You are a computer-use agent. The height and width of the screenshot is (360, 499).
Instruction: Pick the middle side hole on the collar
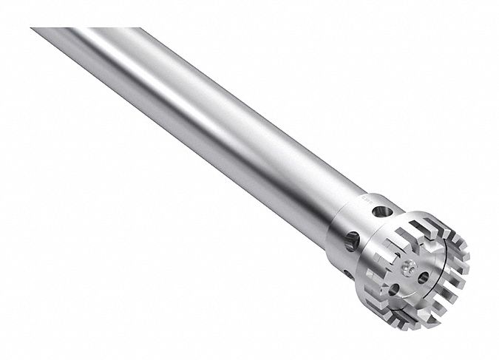pyautogui.click(x=353, y=239)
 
